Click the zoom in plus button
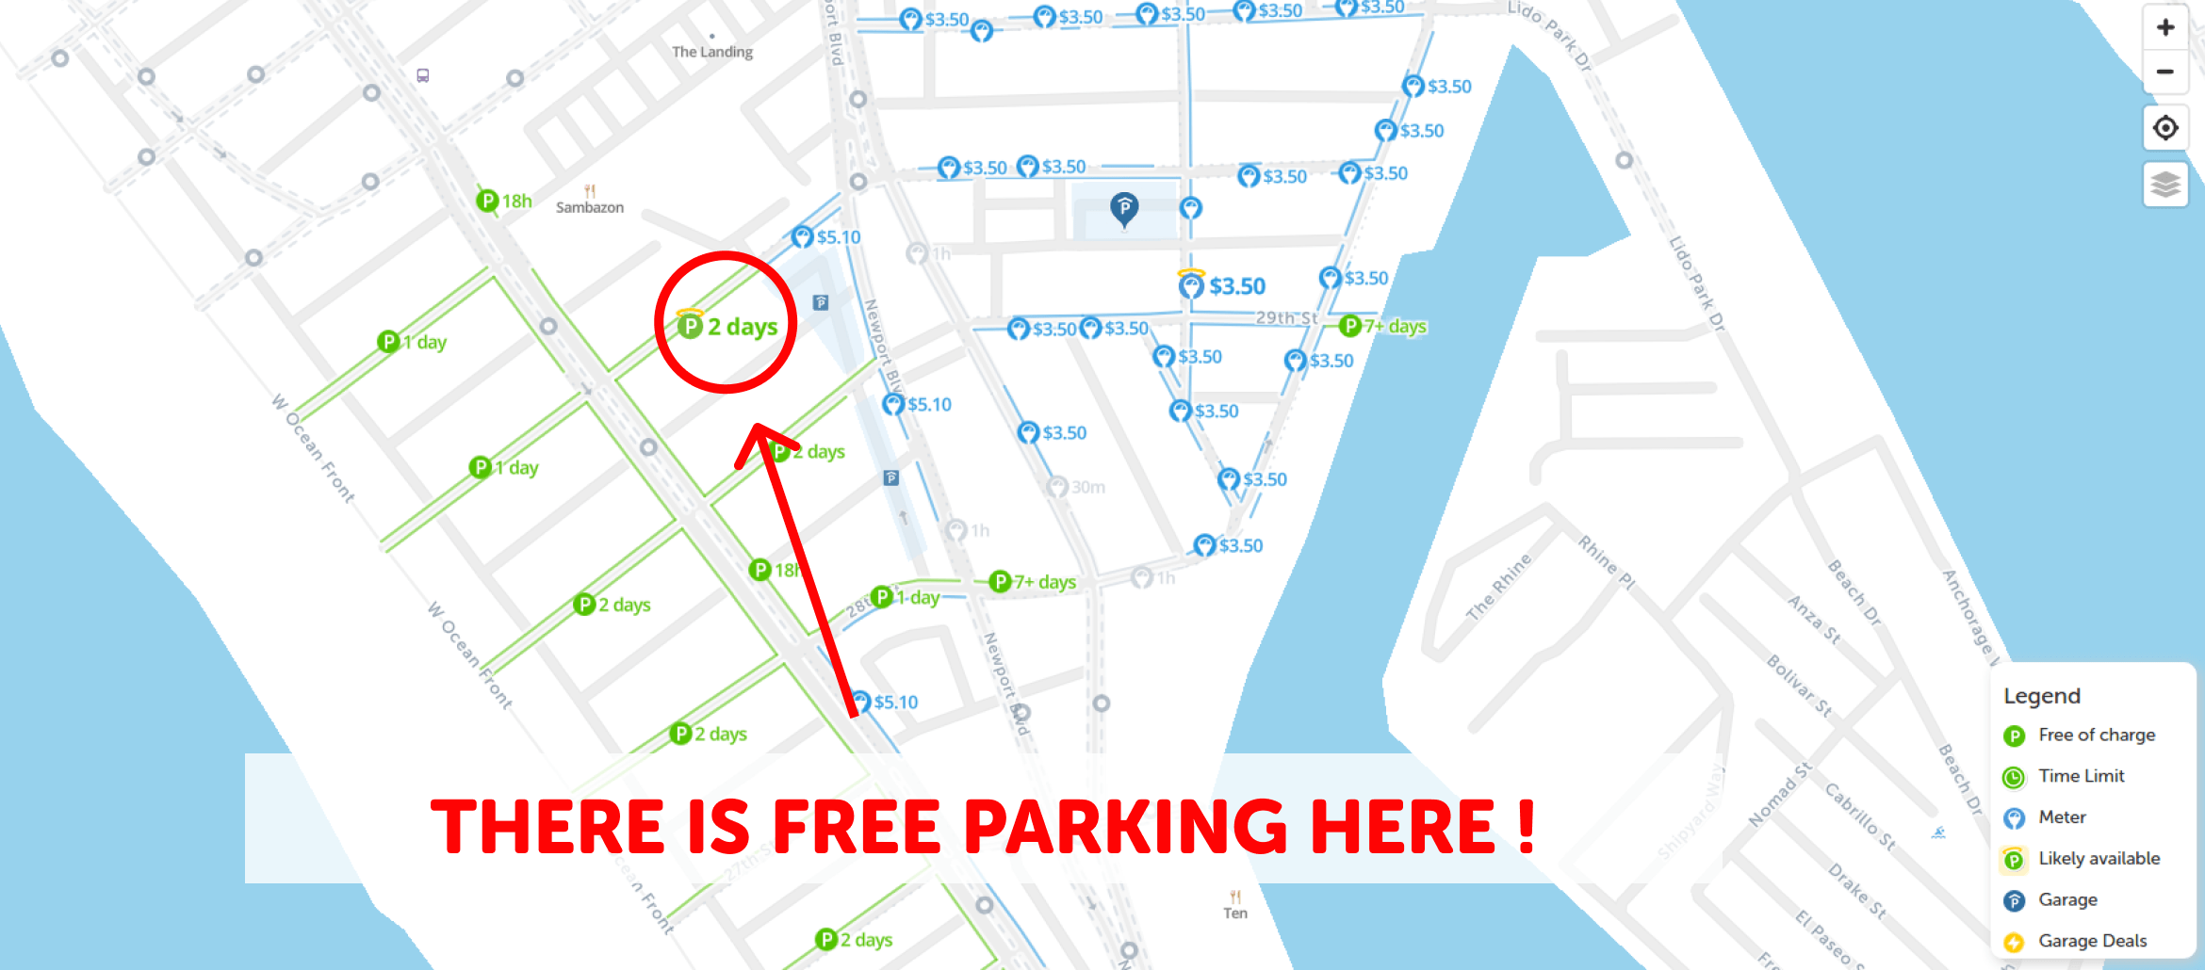point(2164,27)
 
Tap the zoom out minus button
point(2164,72)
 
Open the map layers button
point(2164,184)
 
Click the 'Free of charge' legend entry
point(2096,735)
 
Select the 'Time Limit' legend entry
point(2081,776)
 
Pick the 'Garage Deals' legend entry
point(2092,941)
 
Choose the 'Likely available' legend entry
point(2099,858)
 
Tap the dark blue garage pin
point(1124,207)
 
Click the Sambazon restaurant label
point(589,207)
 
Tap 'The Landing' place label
point(712,52)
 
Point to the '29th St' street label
point(1286,317)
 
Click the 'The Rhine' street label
point(1498,587)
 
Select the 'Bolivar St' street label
point(1799,686)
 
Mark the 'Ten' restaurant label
point(1235,913)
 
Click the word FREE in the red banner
point(856,827)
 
